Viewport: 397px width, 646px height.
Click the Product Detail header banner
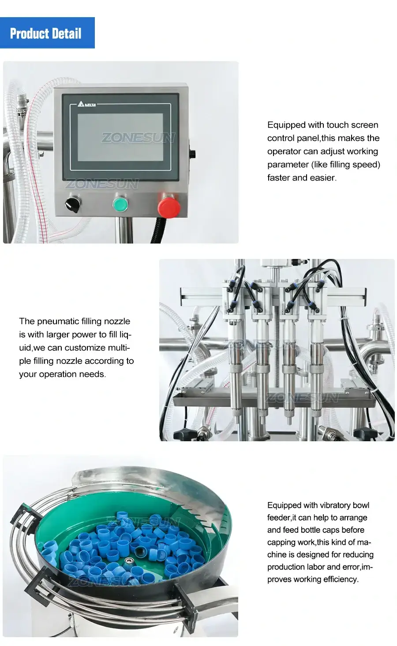47,33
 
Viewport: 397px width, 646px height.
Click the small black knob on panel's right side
192,154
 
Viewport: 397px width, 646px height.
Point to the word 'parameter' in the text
287,165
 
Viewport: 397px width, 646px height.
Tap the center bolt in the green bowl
129,561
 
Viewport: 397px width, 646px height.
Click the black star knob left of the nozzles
182,434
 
